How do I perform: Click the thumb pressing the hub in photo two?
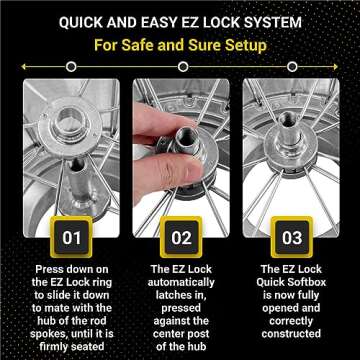coord(172,170)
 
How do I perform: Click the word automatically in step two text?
coord(180,284)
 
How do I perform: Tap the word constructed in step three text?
coord(292,340)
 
